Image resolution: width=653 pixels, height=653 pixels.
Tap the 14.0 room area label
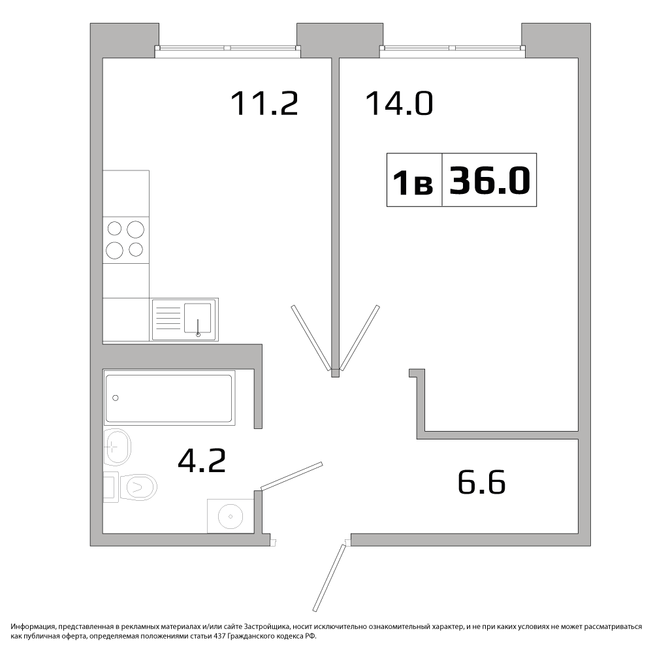[400, 104]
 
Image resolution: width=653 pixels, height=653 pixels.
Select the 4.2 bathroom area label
[202, 460]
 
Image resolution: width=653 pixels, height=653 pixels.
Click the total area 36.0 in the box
[490, 180]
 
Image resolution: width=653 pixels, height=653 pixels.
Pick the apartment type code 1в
[413, 183]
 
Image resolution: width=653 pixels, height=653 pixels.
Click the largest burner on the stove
[135, 229]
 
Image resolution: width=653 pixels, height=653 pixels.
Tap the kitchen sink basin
[197, 317]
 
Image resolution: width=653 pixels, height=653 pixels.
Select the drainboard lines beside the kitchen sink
[168, 318]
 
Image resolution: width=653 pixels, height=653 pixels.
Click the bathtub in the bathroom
[168, 398]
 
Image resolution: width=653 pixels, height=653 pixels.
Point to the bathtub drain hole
[116, 398]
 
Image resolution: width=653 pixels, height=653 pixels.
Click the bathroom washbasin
[117, 447]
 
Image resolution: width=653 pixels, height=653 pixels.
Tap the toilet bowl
[138, 486]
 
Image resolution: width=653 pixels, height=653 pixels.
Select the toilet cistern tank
[111, 487]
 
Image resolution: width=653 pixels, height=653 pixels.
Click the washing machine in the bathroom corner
[231, 516]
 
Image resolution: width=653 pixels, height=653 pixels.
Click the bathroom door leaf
[291, 475]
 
